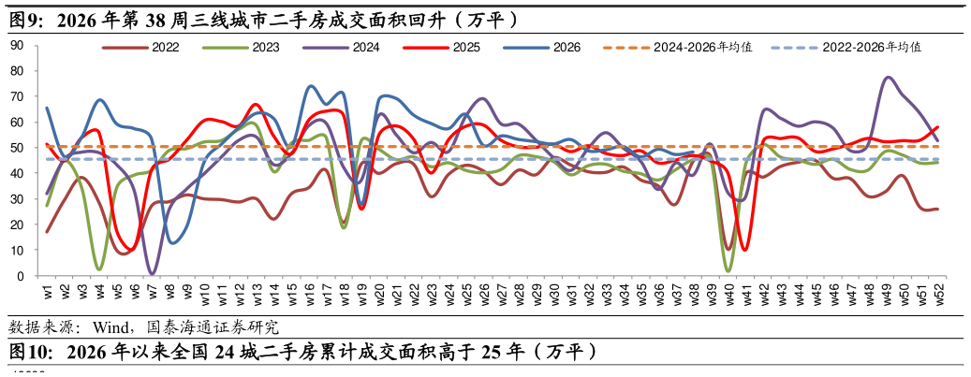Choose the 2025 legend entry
[x=442, y=48]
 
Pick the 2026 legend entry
[x=542, y=48]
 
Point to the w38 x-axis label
[x=694, y=288]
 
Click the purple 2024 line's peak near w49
[x=888, y=78]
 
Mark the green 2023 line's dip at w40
[x=728, y=270]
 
